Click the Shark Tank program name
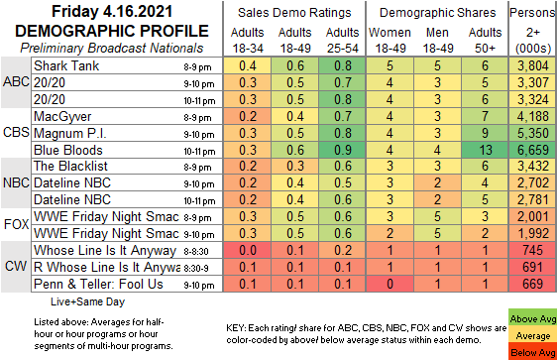(66, 65)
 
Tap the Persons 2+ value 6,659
(533, 150)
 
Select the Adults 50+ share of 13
(486, 150)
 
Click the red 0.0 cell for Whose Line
(248, 250)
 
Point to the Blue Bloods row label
(68, 150)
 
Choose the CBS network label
(16, 132)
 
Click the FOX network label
(16, 224)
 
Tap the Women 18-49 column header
(390, 40)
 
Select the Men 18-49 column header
(438, 40)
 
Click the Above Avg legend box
(532, 317)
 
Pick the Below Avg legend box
(532, 351)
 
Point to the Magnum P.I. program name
(70, 133)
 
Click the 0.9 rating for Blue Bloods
(343, 150)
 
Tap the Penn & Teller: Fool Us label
(98, 285)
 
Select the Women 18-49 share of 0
(390, 284)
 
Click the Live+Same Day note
(88, 301)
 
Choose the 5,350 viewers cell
(533, 133)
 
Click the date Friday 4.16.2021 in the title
(112, 11)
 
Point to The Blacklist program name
(70, 167)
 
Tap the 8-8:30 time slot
(196, 252)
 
